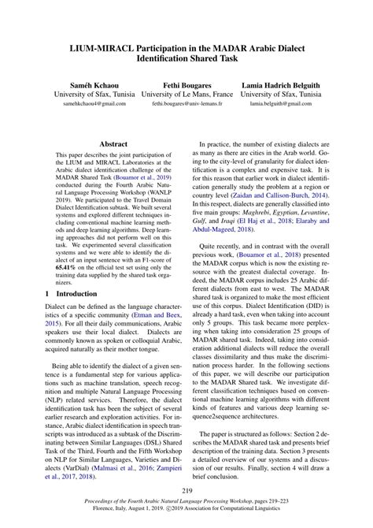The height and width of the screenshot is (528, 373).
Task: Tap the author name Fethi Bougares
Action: [x=186, y=83]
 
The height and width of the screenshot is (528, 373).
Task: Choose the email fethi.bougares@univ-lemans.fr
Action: [x=186, y=104]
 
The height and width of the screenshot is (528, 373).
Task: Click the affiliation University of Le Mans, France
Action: [x=186, y=94]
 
